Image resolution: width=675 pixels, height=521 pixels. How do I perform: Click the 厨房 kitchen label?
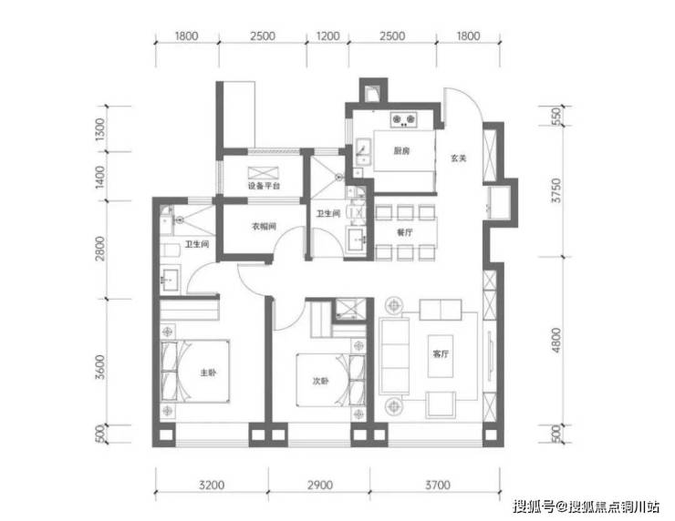[401, 151]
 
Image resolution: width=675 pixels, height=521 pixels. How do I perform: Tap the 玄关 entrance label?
[459, 158]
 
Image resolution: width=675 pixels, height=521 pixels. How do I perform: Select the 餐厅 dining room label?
[405, 232]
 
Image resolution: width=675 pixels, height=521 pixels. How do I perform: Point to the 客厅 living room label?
[441, 353]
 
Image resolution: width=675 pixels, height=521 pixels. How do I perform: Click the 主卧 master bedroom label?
[208, 373]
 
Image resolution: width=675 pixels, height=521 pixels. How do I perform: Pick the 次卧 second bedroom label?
[320, 381]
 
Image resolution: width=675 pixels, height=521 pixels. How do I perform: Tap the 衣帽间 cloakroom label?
[264, 226]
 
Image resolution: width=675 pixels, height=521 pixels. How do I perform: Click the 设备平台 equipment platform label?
[264, 186]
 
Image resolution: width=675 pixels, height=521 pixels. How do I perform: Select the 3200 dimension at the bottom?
[212, 485]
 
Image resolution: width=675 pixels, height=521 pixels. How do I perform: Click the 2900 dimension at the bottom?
[320, 485]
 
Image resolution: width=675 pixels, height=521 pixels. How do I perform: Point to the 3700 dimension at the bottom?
[438, 485]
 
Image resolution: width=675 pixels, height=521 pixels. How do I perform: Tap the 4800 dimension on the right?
[556, 340]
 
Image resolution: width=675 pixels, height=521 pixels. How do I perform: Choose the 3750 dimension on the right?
[556, 190]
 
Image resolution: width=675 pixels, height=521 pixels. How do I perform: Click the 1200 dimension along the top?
[328, 36]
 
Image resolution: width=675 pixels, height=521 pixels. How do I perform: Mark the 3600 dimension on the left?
[100, 367]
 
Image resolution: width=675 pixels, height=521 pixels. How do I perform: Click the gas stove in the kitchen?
[403, 119]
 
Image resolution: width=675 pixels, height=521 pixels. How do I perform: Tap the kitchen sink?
[363, 152]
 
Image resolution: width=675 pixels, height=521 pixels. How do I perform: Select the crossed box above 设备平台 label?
[263, 173]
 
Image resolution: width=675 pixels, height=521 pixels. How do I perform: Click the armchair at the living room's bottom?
[441, 404]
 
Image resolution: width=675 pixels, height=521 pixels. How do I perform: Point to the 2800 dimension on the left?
[100, 249]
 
